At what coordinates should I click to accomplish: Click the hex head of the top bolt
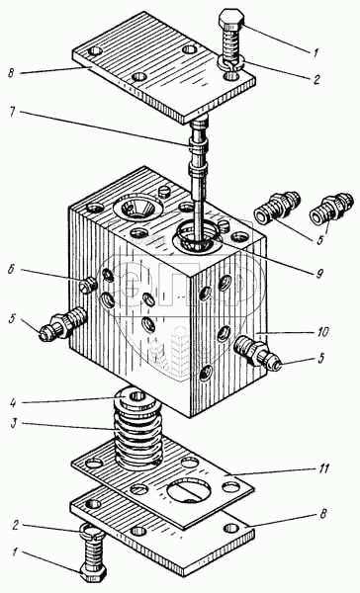[x=230, y=20]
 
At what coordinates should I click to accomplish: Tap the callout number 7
[x=13, y=113]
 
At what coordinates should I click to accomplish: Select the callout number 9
[x=319, y=273]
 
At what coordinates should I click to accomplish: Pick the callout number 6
[x=13, y=271]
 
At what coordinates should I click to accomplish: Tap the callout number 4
[x=13, y=402]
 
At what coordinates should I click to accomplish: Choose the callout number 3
[x=13, y=424]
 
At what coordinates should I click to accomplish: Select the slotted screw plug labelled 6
[x=89, y=284]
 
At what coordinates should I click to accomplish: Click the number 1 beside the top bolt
[x=315, y=51]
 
